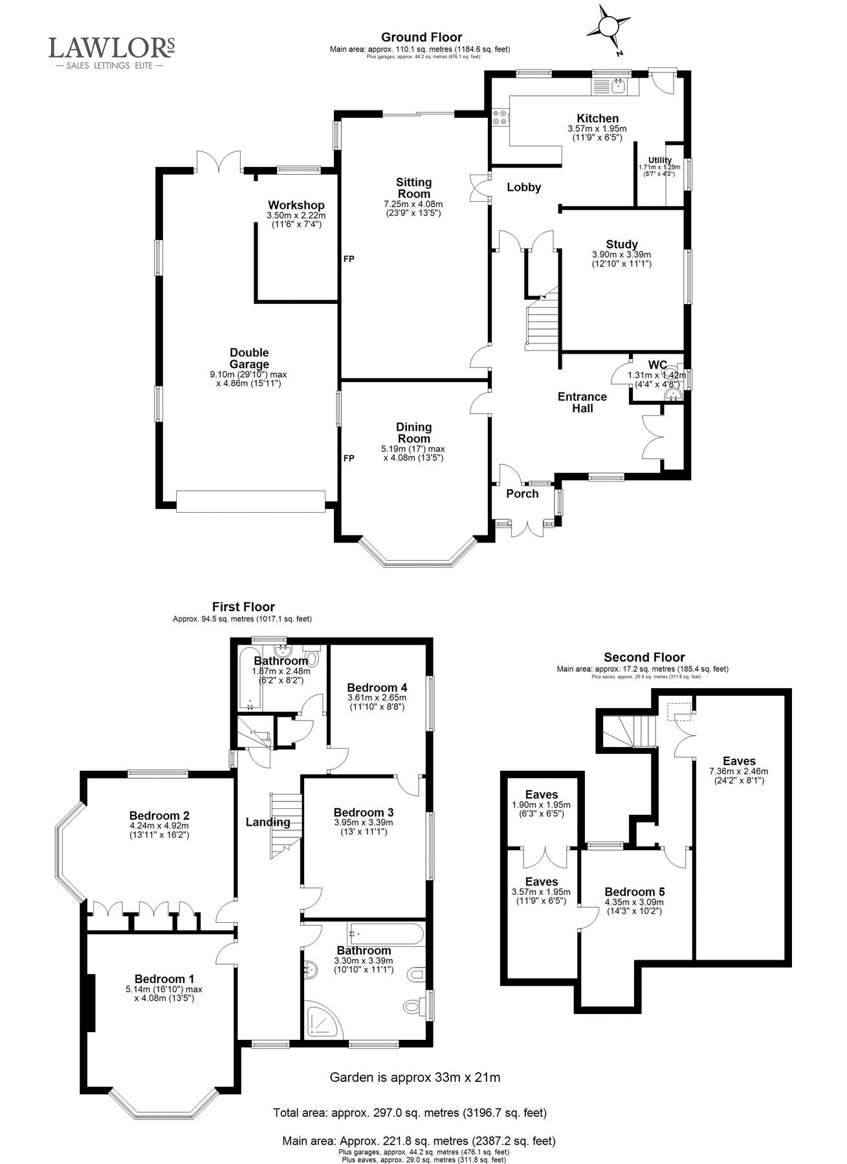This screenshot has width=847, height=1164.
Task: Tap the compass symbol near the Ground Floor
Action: point(608,27)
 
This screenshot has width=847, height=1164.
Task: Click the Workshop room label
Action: point(296,206)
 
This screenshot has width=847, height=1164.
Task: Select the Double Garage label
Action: point(249,358)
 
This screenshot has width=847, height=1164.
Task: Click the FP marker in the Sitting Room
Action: point(349,259)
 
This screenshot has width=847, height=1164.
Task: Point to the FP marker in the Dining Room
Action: point(349,458)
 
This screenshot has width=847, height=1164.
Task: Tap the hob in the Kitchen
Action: point(500,118)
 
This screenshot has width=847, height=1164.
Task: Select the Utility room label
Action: point(659,160)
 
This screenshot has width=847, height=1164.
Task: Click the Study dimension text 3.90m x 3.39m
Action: point(621,255)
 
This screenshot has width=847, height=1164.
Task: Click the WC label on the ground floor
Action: point(657,365)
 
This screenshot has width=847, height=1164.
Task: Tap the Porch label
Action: point(522,494)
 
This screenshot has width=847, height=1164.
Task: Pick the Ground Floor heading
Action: point(421,38)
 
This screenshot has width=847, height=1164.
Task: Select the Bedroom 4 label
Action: point(377,687)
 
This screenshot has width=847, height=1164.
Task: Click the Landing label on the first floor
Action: point(267,823)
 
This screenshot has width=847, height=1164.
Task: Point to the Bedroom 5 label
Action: point(634,892)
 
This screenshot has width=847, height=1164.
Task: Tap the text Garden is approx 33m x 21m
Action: point(415,1077)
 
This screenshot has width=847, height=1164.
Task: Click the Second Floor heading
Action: point(644,658)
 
